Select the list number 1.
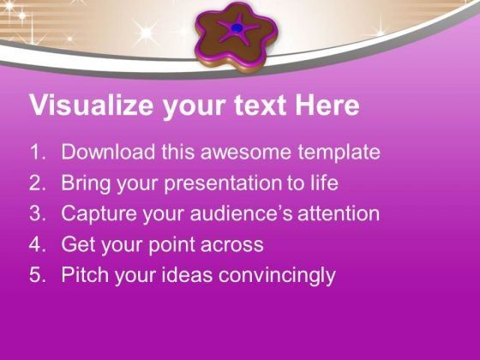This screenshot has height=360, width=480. tap(37, 153)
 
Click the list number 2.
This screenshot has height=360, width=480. tap(37, 183)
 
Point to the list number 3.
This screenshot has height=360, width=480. tap(37, 214)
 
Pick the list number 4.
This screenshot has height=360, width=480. tap(37, 245)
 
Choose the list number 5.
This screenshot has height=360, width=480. tap(37, 275)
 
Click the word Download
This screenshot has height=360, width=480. tap(104, 153)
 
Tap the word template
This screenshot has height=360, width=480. tap(336, 153)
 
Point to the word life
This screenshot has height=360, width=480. tap(323, 183)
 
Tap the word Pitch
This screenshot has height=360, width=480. tap(83, 275)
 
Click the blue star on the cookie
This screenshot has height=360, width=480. tap(237, 29)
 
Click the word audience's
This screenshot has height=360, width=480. tap(237, 214)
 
